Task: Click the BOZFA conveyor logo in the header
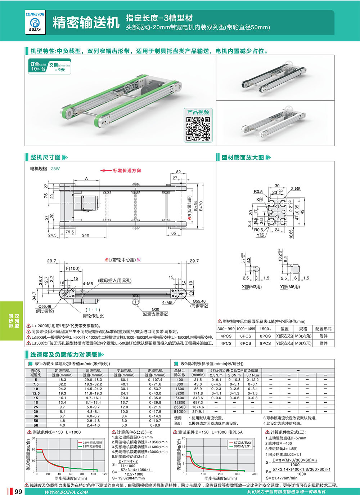(35, 23)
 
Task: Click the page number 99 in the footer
(18, 492)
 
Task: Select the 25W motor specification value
(55, 169)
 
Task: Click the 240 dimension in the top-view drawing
(85, 235)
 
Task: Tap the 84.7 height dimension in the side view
(34, 295)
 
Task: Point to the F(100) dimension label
(73, 268)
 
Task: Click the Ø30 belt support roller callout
(155, 309)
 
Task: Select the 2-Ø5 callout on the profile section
(296, 188)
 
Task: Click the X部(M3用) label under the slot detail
(252, 287)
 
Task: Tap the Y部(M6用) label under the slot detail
(290, 287)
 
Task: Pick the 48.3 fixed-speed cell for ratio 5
(62, 380)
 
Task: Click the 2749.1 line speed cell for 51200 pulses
(198, 411)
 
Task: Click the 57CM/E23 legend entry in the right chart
(242, 442)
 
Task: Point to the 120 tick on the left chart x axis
(105, 474)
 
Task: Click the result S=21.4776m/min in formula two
(282, 478)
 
